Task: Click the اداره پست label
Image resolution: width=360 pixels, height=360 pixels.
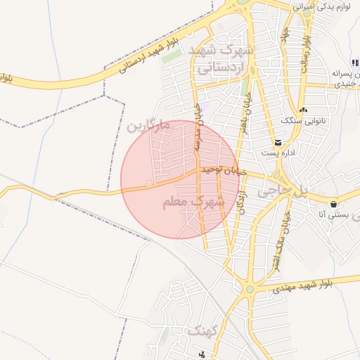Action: pyautogui.click(x=274, y=153)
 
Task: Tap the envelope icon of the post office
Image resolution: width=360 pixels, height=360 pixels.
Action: pyautogui.click(x=279, y=143)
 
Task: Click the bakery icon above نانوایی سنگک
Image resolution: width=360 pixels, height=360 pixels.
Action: pyautogui.click(x=303, y=110)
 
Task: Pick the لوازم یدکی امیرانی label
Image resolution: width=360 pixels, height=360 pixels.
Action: pyautogui.click(x=326, y=6)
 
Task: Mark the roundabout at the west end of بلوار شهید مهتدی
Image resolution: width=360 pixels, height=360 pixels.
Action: pyautogui.click(x=249, y=289)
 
